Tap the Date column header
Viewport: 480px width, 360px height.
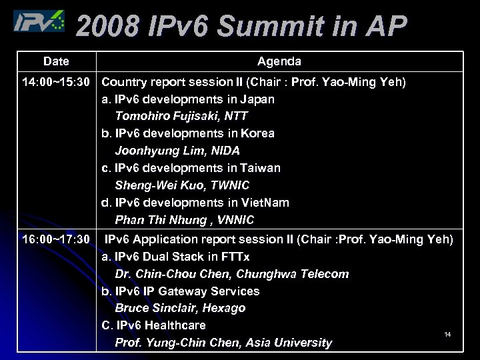[56, 61]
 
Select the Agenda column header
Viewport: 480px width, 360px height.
[279, 61]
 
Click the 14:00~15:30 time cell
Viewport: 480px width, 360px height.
[56, 82]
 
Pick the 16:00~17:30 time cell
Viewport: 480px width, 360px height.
[56, 239]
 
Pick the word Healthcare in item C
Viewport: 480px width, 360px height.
[175, 325]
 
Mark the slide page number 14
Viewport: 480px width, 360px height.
[447, 334]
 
